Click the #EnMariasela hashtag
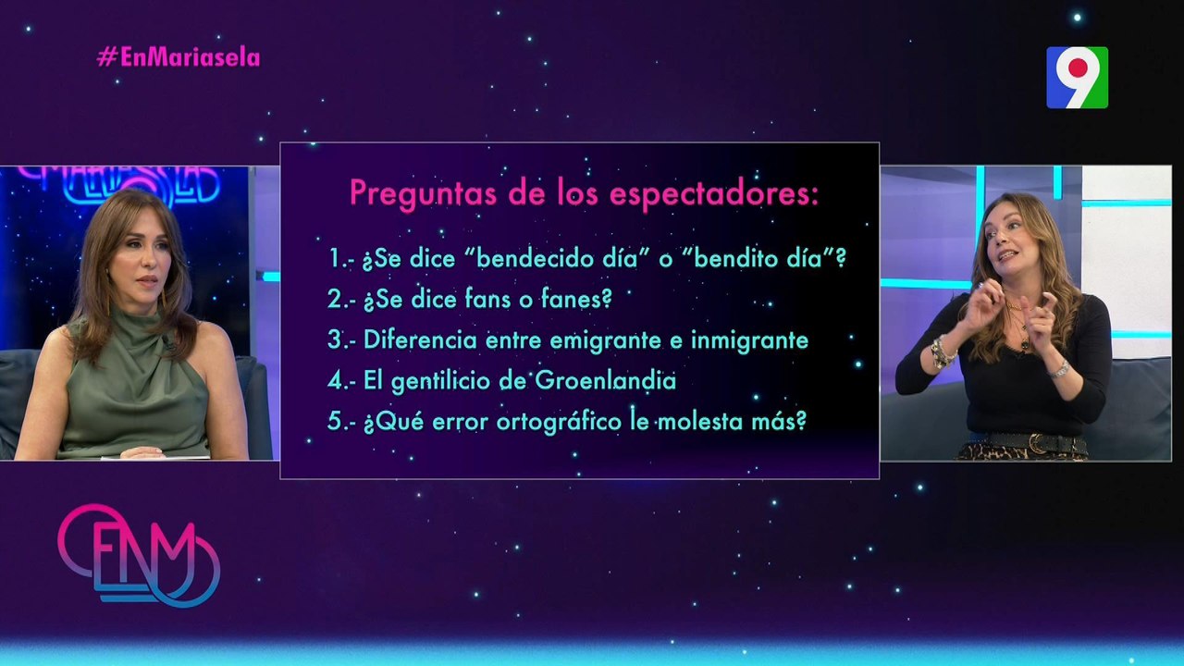click(179, 57)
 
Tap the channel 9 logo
click(1078, 77)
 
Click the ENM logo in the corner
click(139, 555)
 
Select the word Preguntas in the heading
click(423, 194)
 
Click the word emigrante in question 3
click(606, 340)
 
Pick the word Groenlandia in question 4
click(606, 380)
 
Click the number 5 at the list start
click(335, 421)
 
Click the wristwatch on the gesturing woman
click(1060, 369)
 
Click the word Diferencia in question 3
click(420, 339)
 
